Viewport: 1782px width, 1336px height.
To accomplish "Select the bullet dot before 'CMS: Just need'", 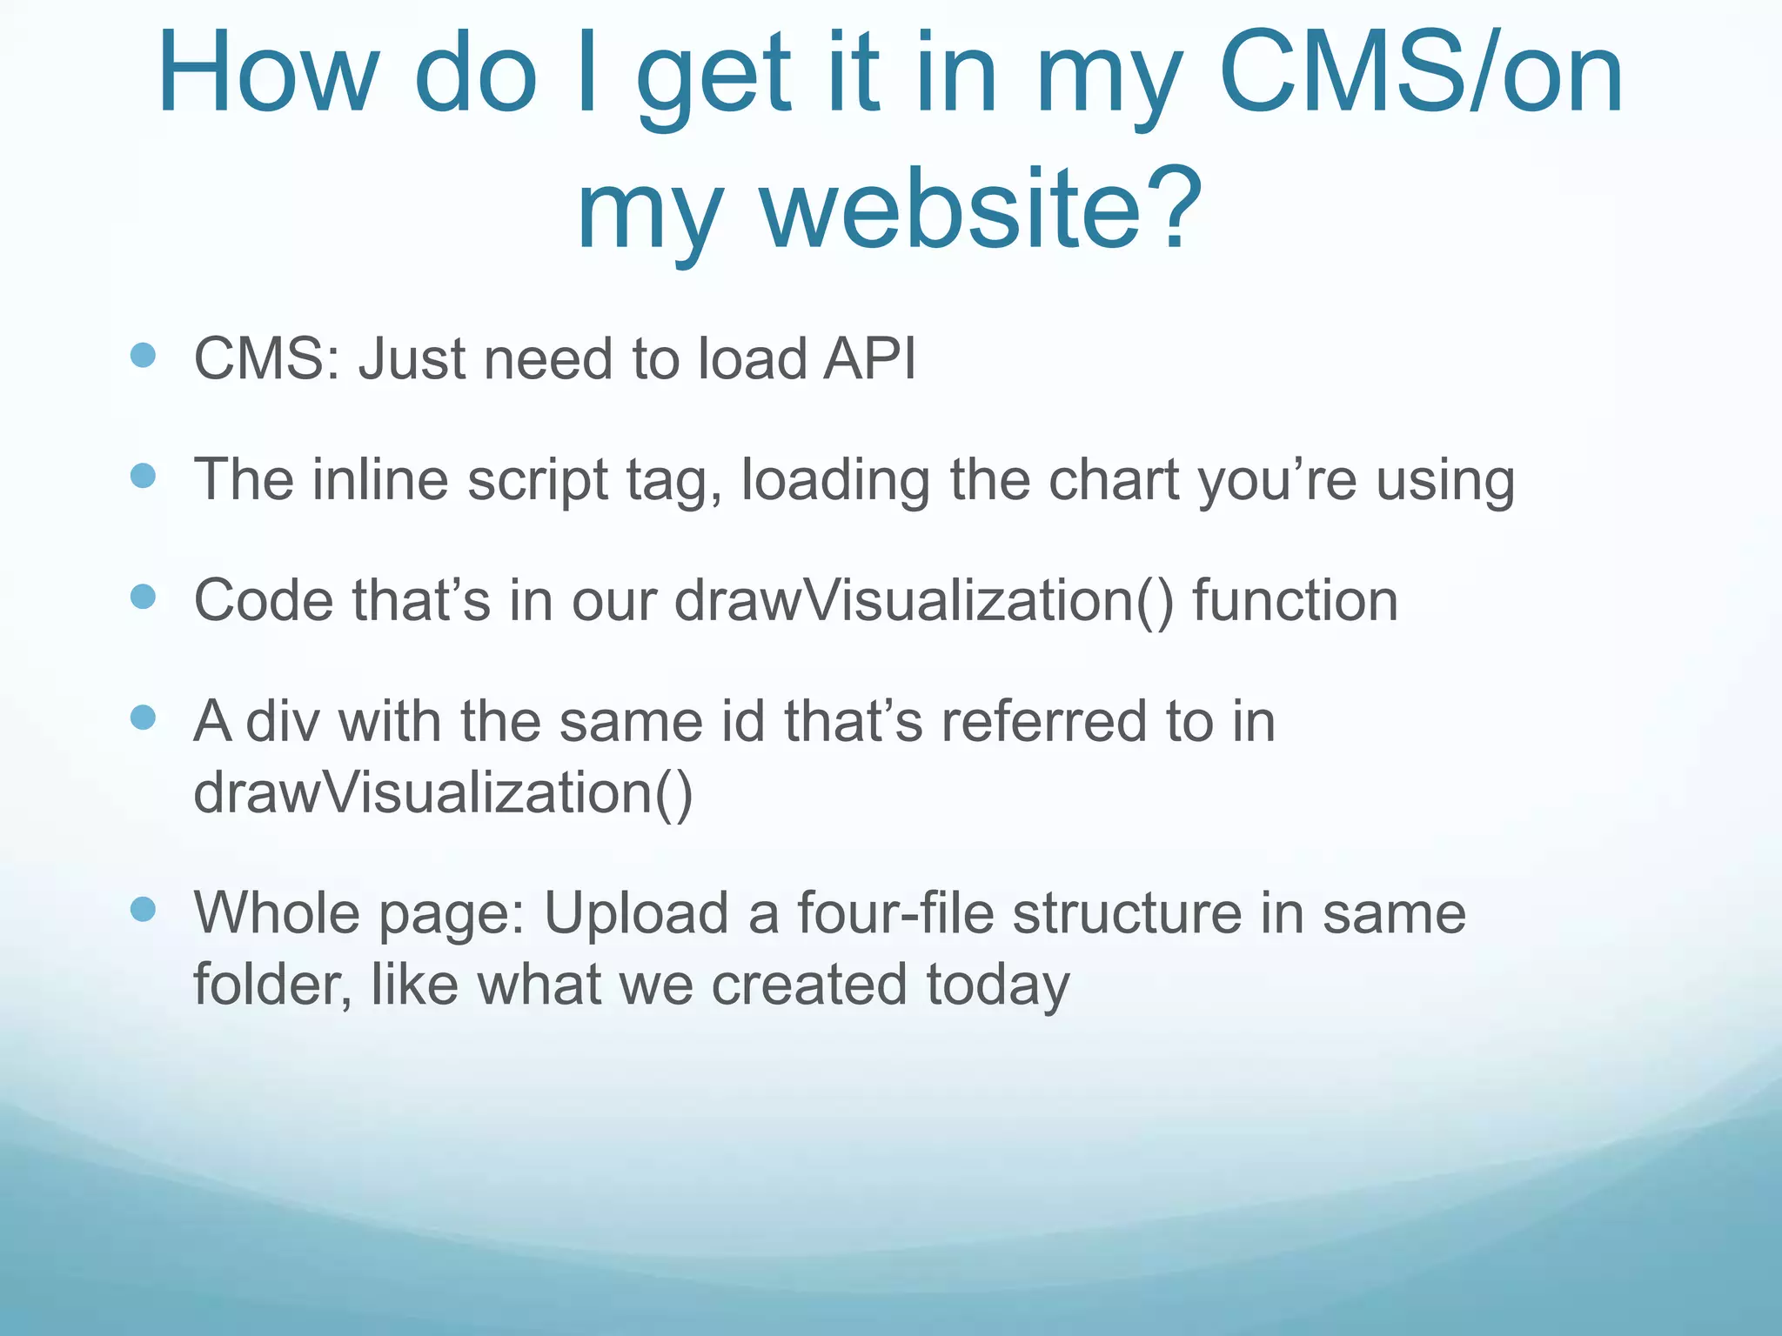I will pos(143,355).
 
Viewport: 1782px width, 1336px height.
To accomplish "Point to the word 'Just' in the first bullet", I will pos(412,358).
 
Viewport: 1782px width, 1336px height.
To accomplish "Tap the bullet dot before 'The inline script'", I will pos(143,476).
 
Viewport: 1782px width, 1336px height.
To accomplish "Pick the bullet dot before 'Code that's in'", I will pos(143,597).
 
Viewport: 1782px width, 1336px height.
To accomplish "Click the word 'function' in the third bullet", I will pos(1295,600).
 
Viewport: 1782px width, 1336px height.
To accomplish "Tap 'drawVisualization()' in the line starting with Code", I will pos(923,600).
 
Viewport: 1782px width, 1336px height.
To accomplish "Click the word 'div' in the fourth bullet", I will pos(283,721).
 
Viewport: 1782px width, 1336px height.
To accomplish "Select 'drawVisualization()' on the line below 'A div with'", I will pos(443,792).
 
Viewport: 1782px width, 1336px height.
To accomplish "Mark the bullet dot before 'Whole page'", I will pos(143,910).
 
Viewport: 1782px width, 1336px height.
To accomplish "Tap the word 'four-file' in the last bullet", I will pos(894,913).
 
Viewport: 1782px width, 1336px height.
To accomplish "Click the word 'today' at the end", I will pos(997,985).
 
